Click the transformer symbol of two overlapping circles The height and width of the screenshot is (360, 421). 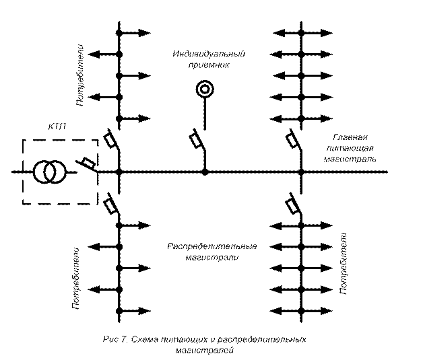click(46, 173)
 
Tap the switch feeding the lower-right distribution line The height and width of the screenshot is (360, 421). click(292, 205)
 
